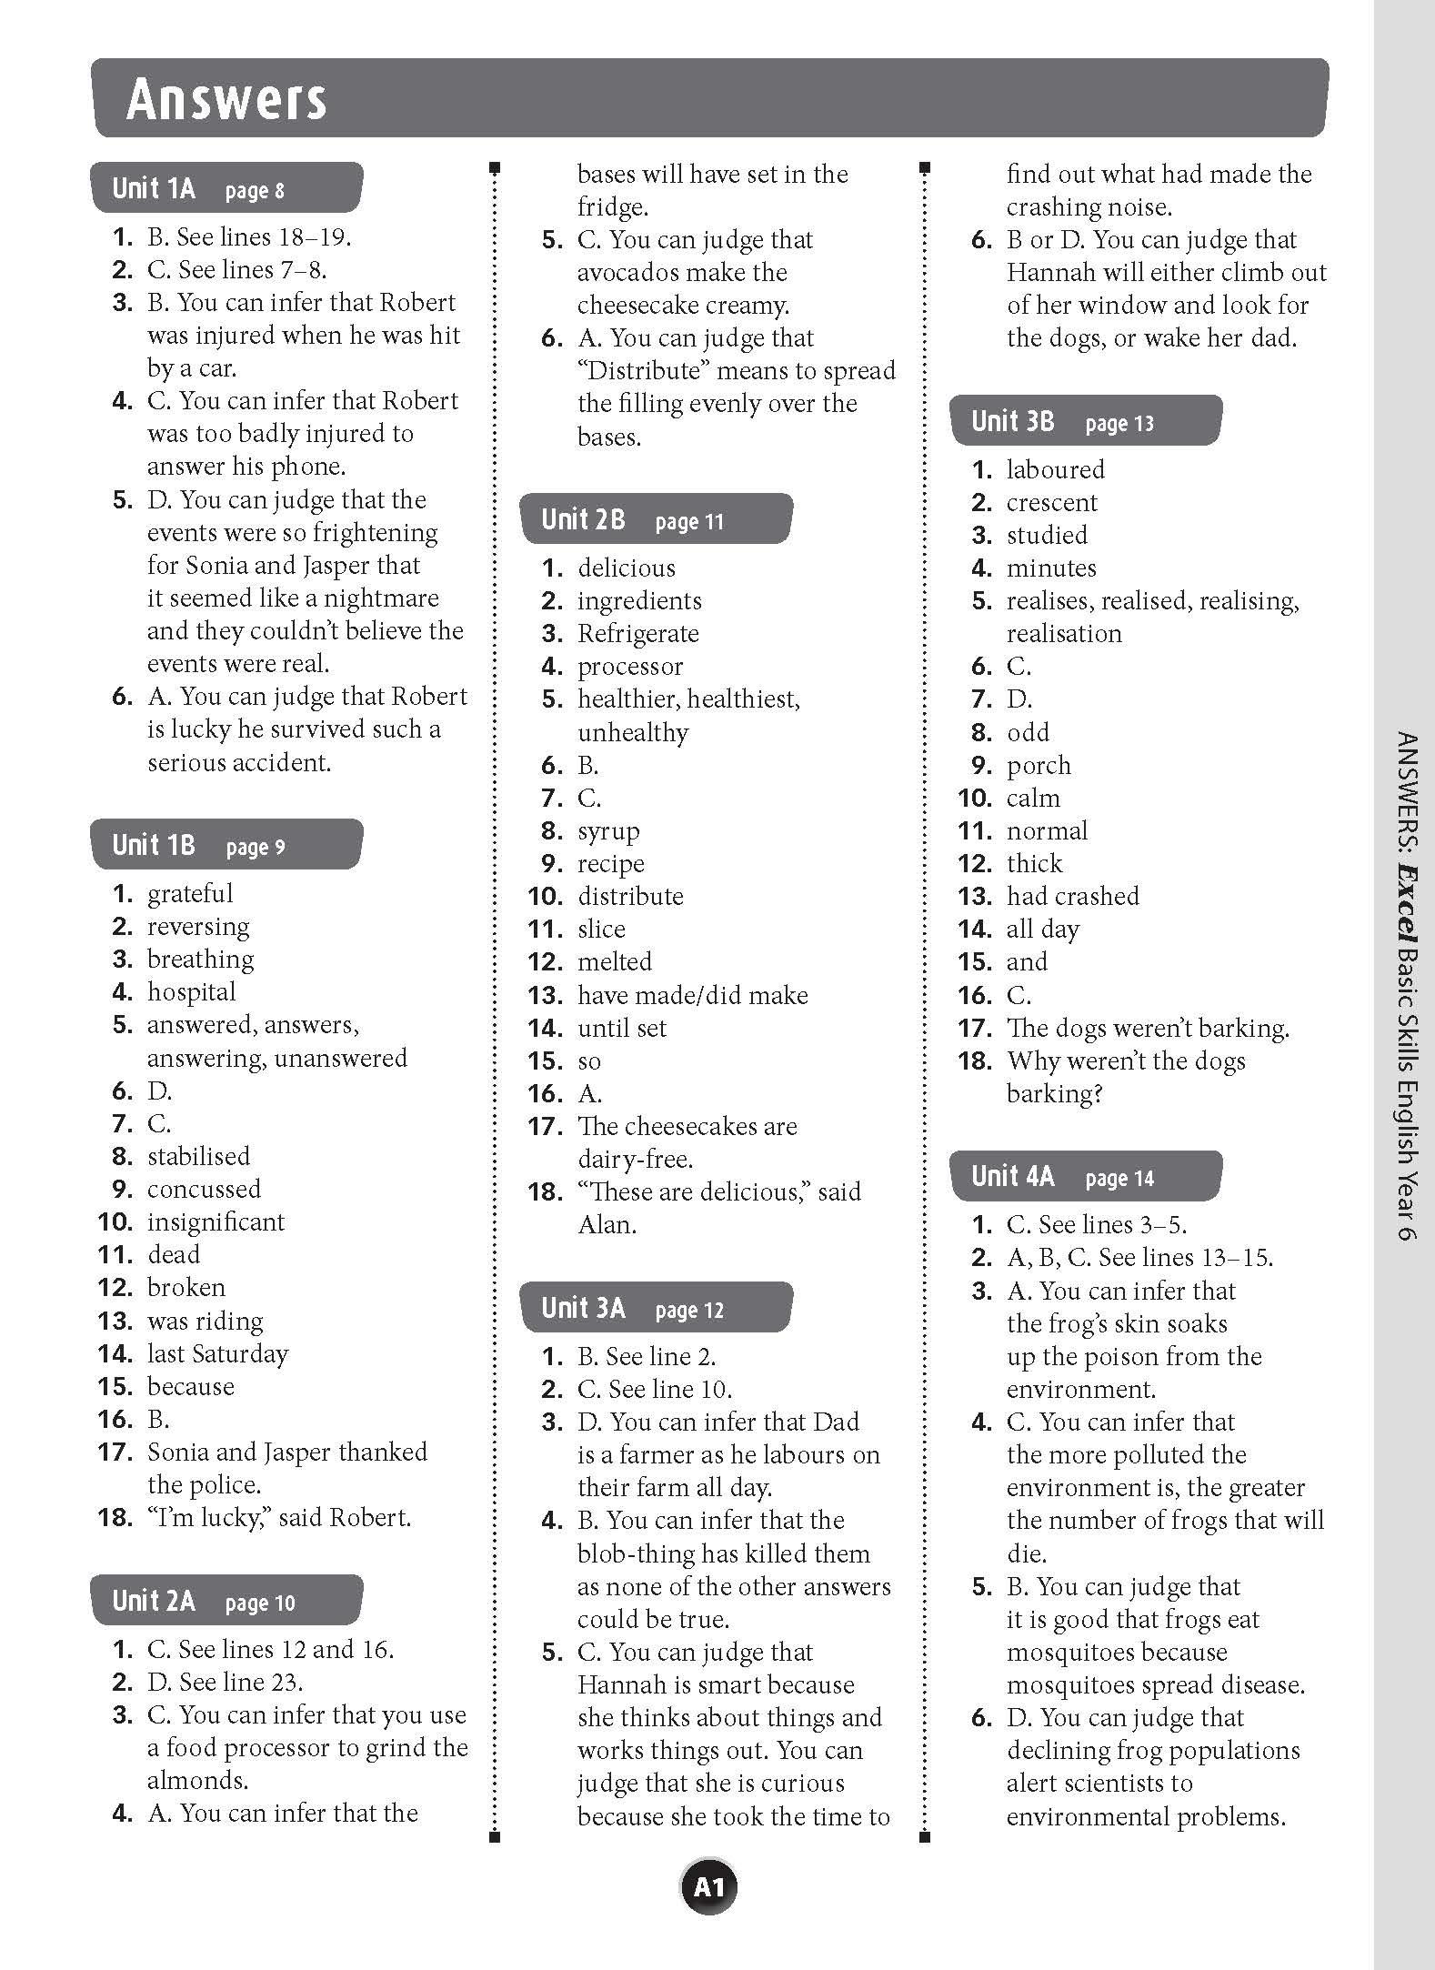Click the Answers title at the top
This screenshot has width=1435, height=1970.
point(226,99)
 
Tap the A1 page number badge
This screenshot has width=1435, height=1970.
point(708,1888)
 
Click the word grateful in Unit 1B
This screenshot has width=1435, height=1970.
point(190,894)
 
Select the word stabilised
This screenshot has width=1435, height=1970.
point(198,1157)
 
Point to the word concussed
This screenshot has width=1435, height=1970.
point(204,1190)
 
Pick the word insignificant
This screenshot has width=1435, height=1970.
point(216,1222)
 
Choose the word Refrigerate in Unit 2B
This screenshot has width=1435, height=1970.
point(638,634)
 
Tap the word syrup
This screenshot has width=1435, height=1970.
point(608,831)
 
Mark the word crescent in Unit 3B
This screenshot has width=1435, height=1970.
point(1052,503)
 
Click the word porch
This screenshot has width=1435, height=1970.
point(1039,766)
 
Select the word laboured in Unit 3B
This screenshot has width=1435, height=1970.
point(1056,470)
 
